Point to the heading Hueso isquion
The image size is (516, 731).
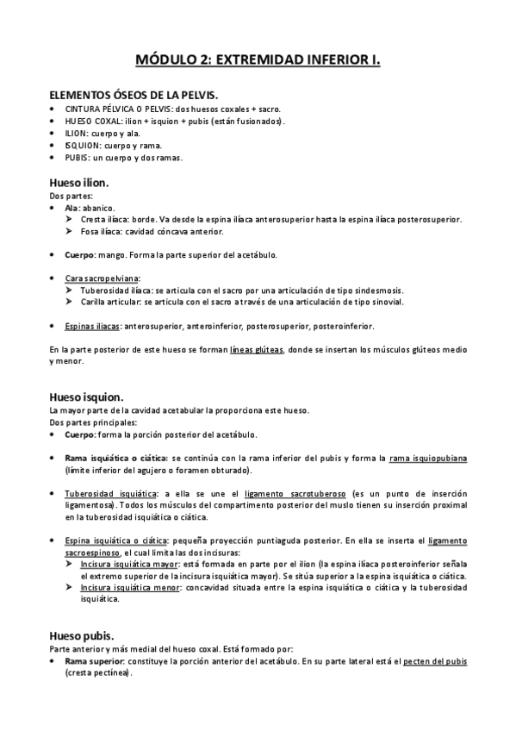[86, 397]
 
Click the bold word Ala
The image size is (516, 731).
[71, 209]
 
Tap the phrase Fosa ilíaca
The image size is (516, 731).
[101, 231]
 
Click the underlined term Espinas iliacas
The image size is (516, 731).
[92, 326]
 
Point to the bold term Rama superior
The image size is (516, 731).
[95, 659]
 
